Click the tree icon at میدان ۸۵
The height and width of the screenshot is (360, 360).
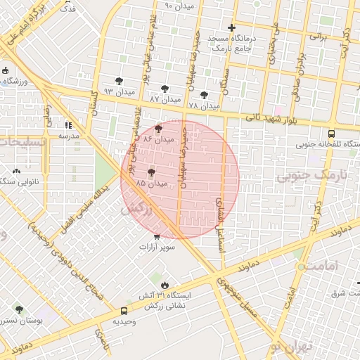click(151, 172)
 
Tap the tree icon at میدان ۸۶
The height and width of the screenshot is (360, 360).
click(157, 129)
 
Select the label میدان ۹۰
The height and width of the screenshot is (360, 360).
click(178, 6)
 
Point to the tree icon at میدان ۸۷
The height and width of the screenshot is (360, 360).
click(165, 89)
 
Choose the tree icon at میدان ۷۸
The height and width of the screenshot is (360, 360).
click(204, 94)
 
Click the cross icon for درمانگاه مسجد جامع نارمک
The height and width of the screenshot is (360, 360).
click(231, 28)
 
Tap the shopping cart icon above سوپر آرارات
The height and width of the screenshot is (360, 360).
click(156, 236)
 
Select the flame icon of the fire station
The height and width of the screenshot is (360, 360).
click(165, 285)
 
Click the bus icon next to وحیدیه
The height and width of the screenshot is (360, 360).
click(124, 311)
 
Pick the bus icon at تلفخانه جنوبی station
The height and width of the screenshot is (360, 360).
click(331, 134)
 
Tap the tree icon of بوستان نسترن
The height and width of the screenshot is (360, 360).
click(19, 309)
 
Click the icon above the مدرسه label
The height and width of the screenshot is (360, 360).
click(68, 124)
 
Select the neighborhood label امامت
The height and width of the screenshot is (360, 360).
click(323, 266)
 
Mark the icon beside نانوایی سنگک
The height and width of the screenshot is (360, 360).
click(16, 171)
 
